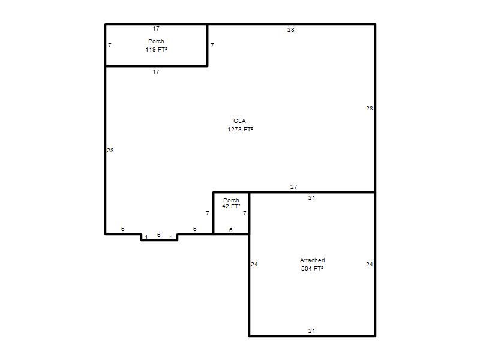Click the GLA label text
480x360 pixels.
click(x=239, y=121)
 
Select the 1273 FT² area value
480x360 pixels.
click(x=240, y=129)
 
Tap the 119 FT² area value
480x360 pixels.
click(x=156, y=49)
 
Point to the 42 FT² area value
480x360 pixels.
click(x=231, y=206)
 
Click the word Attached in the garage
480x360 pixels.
click(x=312, y=260)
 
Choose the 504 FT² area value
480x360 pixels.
click(x=312, y=268)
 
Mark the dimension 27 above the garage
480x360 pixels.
click(x=293, y=187)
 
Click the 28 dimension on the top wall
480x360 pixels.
click(x=291, y=29)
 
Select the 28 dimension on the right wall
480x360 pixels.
click(x=369, y=108)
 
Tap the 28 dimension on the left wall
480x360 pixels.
click(x=110, y=151)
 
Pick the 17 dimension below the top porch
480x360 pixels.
click(x=156, y=71)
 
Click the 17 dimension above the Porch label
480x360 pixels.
click(x=156, y=28)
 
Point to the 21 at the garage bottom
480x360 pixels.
click(x=311, y=331)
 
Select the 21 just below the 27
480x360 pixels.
click(x=311, y=198)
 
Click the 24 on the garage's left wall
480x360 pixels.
click(x=254, y=264)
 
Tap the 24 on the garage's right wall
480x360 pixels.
click(x=369, y=264)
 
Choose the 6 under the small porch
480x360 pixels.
click(x=230, y=230)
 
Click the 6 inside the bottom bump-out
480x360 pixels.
click(x=158, y=235)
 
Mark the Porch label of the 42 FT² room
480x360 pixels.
click(x=231, y=200)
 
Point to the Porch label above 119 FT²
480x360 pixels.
click(x=156, y=41)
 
